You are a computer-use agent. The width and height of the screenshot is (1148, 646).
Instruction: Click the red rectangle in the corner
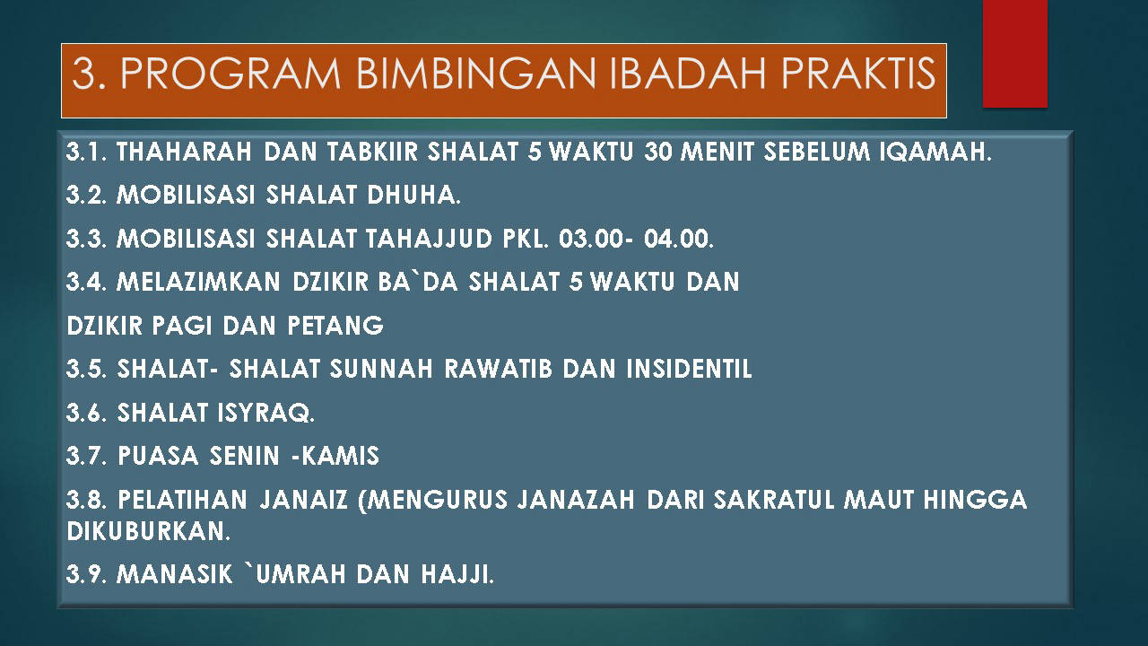1014,53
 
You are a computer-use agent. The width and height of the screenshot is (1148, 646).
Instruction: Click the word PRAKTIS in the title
858,74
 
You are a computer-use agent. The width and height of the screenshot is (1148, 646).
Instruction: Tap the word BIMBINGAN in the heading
475,74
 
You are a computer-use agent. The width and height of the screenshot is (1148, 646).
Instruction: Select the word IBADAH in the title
687,74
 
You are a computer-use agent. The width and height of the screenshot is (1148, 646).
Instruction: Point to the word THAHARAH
184,152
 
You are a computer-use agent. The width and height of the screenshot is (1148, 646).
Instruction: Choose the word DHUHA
413,195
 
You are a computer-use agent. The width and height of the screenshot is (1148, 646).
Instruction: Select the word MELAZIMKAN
198,282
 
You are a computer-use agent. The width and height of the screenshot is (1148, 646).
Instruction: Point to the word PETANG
335,326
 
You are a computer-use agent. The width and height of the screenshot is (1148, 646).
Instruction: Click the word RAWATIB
498,369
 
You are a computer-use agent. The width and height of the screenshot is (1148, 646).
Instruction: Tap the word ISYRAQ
265,413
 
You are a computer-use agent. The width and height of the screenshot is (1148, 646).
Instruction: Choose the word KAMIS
340,456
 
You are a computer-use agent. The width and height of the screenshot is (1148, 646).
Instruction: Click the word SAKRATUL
774,500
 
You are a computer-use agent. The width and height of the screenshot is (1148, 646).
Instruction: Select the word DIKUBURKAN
149,532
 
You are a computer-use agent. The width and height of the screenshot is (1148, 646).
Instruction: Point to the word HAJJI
457,574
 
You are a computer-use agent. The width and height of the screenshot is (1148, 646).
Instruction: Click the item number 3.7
86,456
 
